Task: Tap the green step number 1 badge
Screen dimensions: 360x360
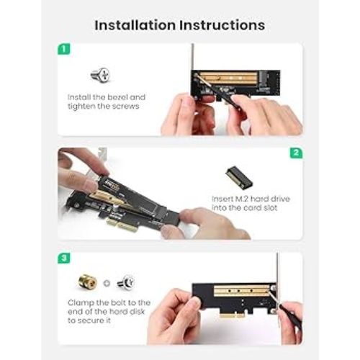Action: coord(64,49)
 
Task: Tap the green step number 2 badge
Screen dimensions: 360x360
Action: coord(296,153)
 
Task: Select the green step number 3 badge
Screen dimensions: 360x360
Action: coord(64,258)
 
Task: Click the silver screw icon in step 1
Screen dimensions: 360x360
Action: coord(100,75)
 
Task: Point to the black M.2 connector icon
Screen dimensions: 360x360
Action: coord(239,178)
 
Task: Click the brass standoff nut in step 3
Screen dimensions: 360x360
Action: coord(88,282)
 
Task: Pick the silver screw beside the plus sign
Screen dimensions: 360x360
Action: coord(126,282)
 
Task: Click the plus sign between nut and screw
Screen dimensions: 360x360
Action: coord(107,283)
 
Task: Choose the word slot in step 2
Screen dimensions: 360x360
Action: coord(270,208)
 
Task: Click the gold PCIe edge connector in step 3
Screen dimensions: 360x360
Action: coord(233,315)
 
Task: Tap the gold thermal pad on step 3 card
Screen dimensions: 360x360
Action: coord(241,291)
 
